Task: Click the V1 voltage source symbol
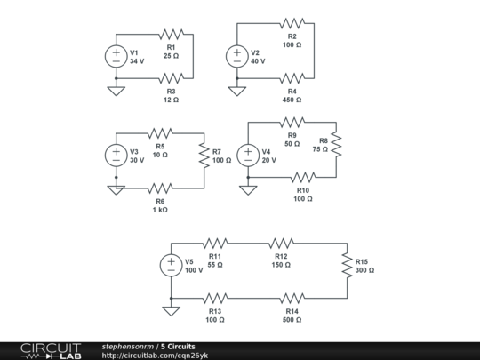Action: coord(116,56)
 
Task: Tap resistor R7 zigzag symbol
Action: coord(204,155)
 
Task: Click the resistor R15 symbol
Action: coord(347,264)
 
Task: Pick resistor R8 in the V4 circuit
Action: coord(336,144)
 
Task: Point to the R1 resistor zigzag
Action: coord(171,34)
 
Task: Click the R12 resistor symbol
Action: coord(280,242)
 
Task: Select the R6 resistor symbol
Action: coord(160,188)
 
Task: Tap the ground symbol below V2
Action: coord(236,91)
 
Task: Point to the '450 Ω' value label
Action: coord(292,100)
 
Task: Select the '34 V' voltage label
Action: coord(136,62)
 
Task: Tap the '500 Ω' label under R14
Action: coord(292,320)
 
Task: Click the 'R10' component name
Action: coord(303,189)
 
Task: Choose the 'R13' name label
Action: coord(215,311)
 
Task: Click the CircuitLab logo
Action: coord(52,350)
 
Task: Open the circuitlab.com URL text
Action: coord(155,356)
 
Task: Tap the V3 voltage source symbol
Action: coord(116,155)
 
